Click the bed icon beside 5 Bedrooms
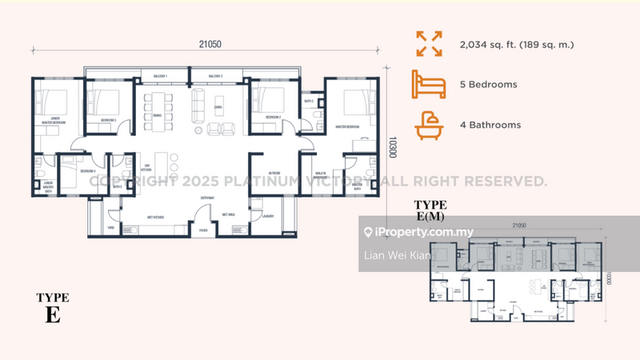tap(430, 83)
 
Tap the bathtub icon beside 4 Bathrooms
tap(430, 125)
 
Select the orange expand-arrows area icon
tap(430, 43)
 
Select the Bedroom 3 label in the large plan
tap(109, 120)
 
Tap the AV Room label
tap(274, 172)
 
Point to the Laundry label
tap(267, 216)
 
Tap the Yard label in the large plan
tap(112, 227)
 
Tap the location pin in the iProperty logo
tap(368, 233)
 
